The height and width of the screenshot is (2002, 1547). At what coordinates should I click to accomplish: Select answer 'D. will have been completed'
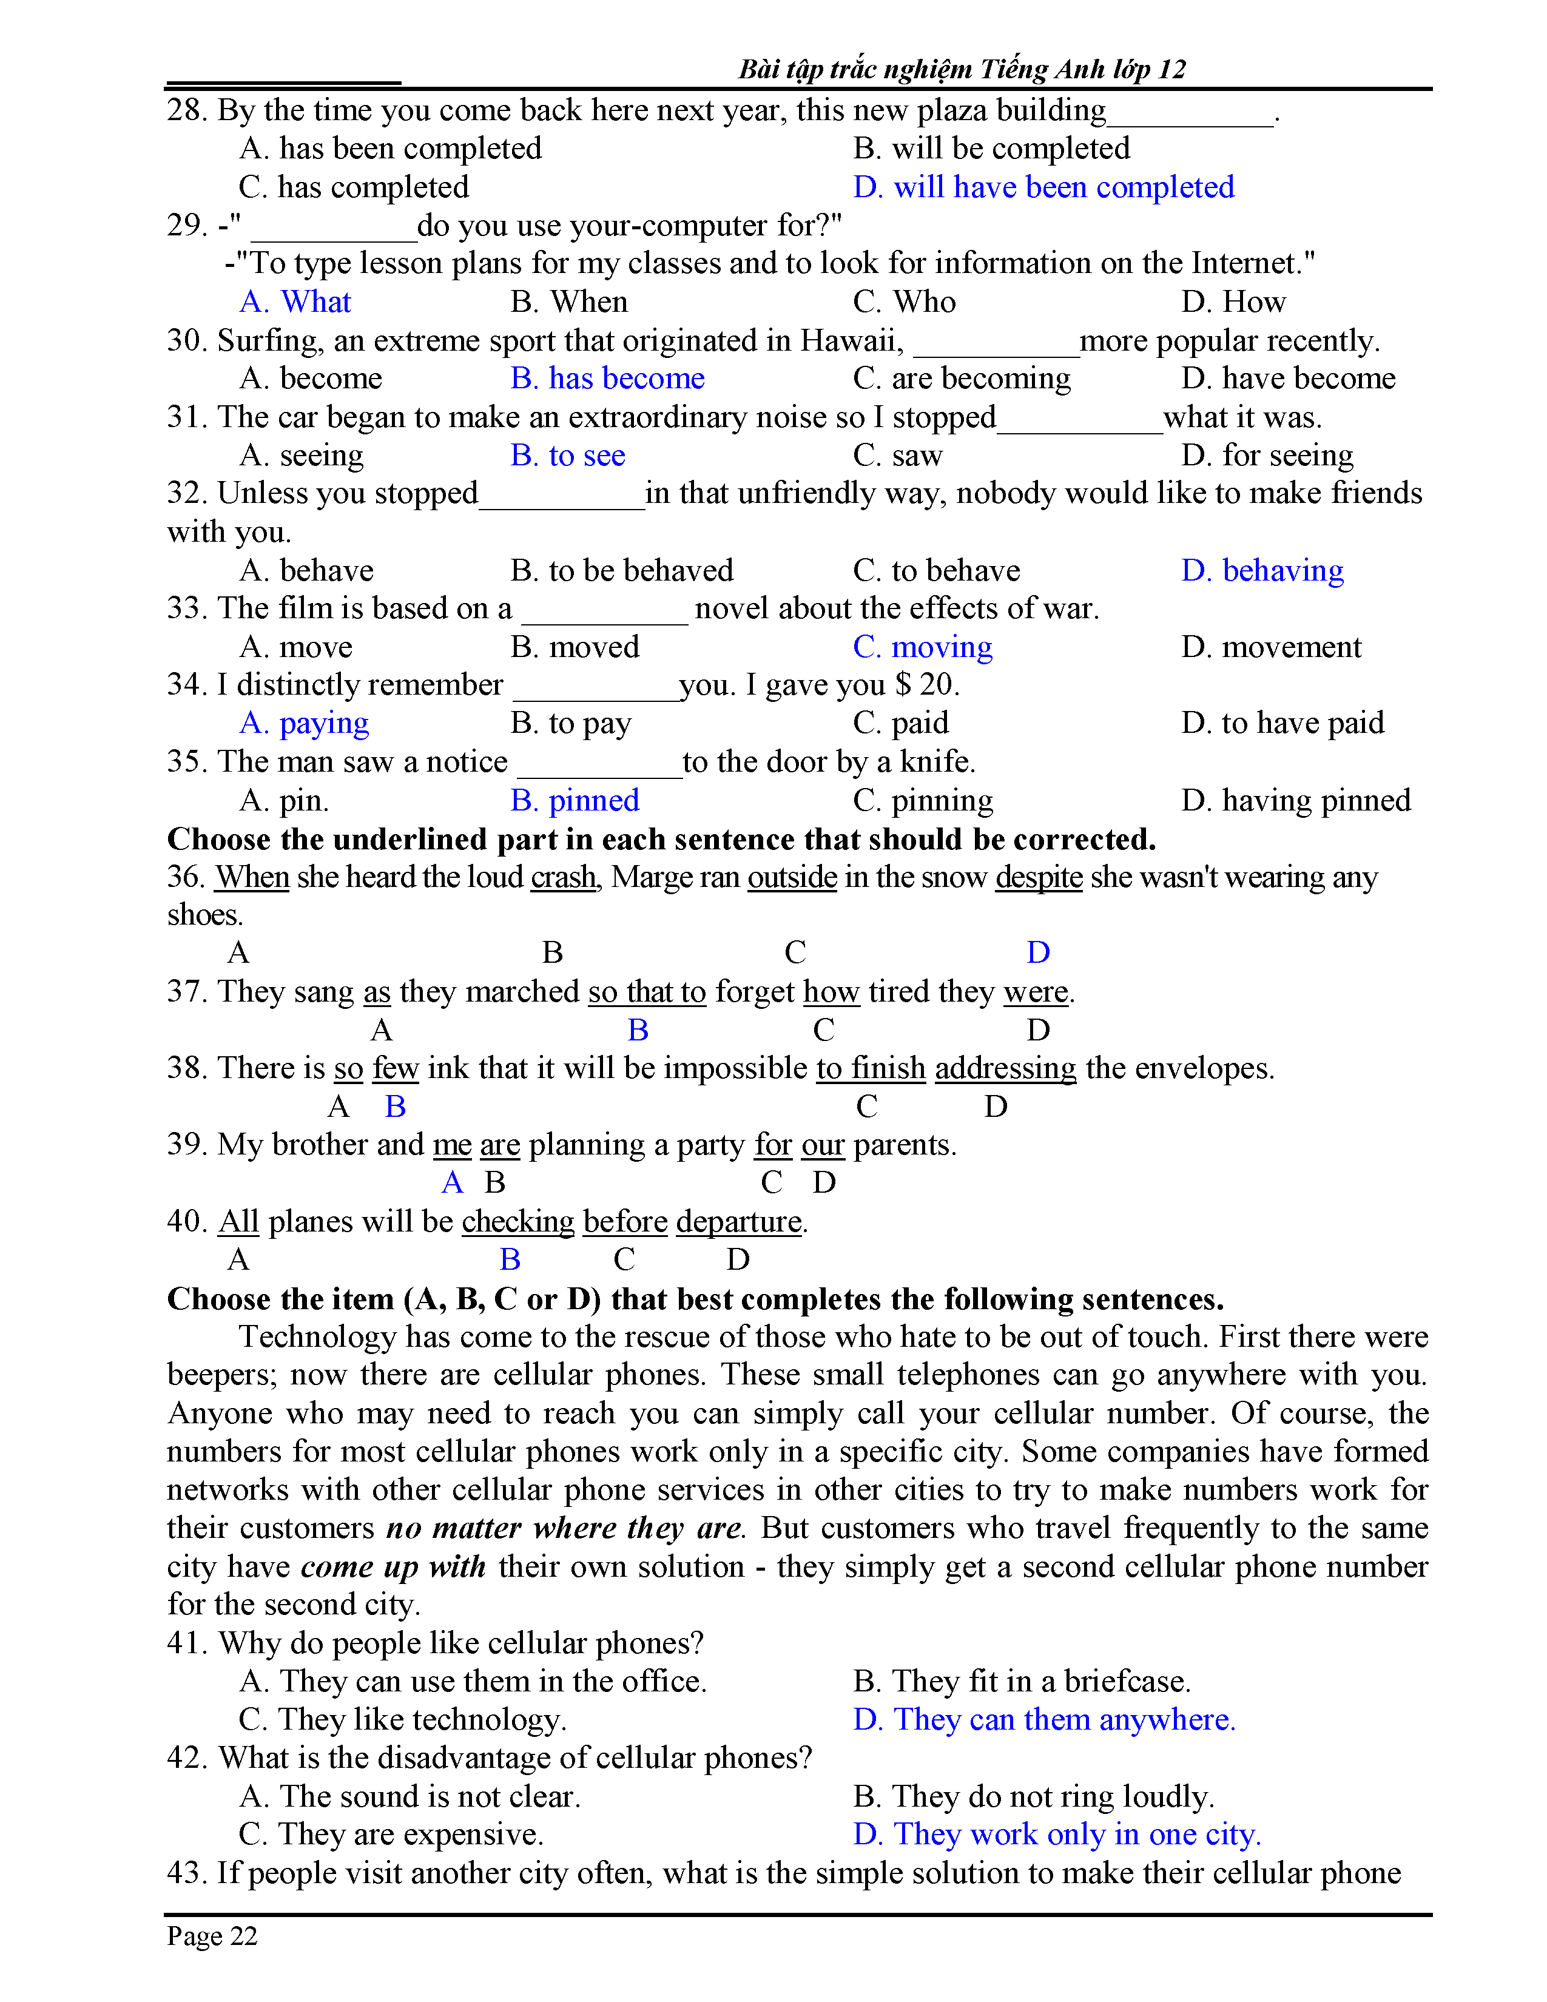[1043, 187]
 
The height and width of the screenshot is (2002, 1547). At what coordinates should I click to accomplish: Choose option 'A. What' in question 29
[295, 302]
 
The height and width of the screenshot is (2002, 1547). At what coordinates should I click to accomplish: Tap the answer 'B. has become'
[608, 379]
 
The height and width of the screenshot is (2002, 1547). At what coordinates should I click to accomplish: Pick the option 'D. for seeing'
[1267, 456]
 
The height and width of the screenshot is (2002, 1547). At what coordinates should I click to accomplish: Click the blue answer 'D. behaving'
[1262, 570]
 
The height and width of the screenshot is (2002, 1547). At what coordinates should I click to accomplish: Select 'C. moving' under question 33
[922, 647]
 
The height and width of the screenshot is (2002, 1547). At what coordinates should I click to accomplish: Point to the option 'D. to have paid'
[1282, 723]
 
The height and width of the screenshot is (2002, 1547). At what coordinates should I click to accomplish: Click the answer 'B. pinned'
[575, 800]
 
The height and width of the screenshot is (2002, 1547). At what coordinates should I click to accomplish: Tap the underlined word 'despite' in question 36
[1039, 877]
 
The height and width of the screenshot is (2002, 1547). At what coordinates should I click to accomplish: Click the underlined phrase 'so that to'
[647, 992]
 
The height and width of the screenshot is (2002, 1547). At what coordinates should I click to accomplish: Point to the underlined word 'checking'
[518, 1222]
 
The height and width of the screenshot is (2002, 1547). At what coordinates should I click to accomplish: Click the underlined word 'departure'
[739, 1222]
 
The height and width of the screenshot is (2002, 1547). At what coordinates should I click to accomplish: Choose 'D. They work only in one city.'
[1057, 1834]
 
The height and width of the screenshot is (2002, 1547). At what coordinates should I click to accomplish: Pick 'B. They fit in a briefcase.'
[1021, 1681]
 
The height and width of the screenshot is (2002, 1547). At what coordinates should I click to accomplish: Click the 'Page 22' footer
[212, 1936]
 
